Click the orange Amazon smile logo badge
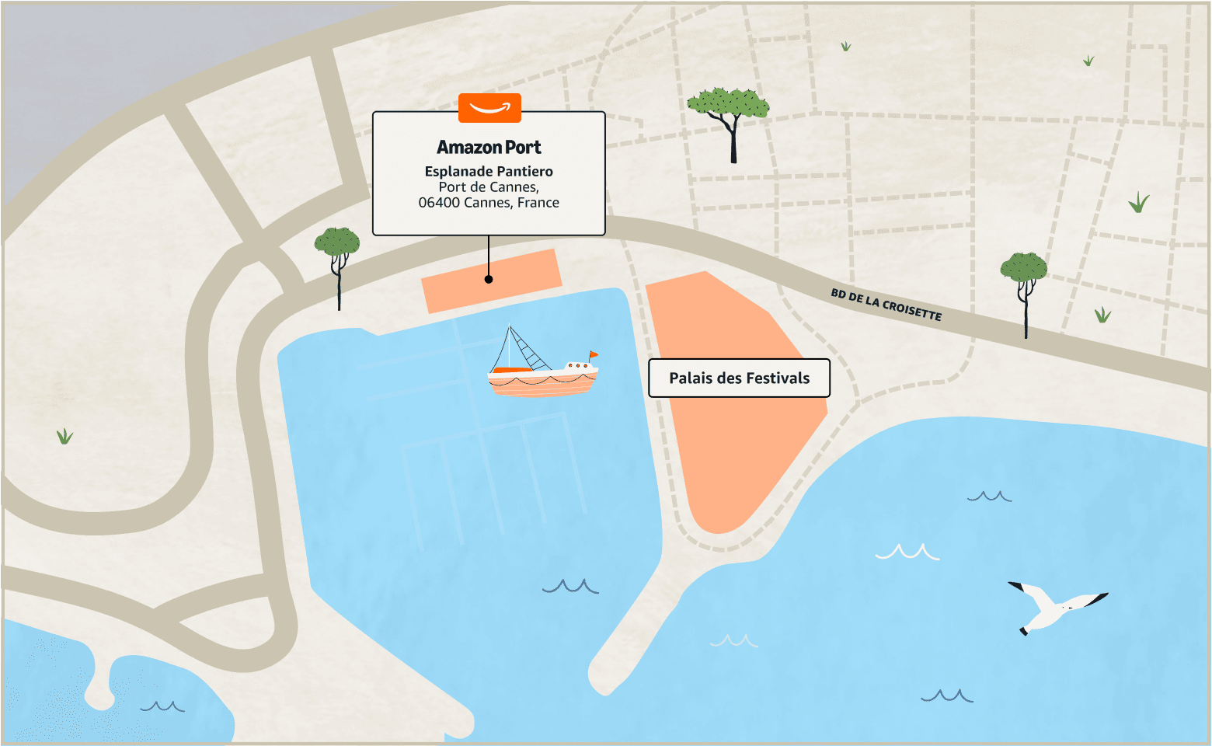click(x=489, y=108)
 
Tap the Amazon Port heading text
click(x=489, y=147)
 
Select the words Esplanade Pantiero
click(x=489, y=171)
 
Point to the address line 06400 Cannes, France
click(x=489, y=203)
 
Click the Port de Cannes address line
click(x=489, y=187)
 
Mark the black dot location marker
click(x=489, y=279)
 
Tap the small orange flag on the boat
click(x=594, y=355)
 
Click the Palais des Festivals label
click(x=739, y=378)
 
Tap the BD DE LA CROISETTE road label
click(x=886, y=304)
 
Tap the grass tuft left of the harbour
click(x=64, y=436)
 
